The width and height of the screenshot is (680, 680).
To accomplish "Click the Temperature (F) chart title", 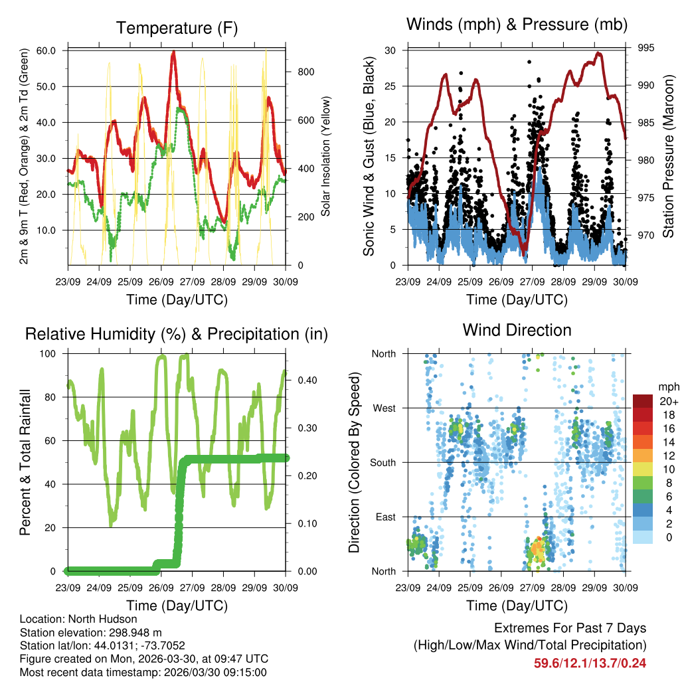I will [x=177, y=28].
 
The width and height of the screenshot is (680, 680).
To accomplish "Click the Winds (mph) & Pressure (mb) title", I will [x=517, y=25].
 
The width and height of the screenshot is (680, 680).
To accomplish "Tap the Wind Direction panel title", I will [x=517, y=330].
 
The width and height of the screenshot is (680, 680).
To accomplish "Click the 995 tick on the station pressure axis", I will [x=645, y=48].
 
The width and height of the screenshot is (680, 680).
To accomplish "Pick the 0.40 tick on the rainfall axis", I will [x=299, y=381].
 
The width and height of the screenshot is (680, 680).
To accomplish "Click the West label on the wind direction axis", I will [x=384, y=408].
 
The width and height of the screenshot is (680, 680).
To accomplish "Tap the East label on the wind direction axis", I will [x=385, y=517].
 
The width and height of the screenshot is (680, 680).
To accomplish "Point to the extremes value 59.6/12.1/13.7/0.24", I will [x=590, y=663].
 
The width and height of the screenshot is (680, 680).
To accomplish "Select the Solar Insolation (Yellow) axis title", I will [x=325, y=157].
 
